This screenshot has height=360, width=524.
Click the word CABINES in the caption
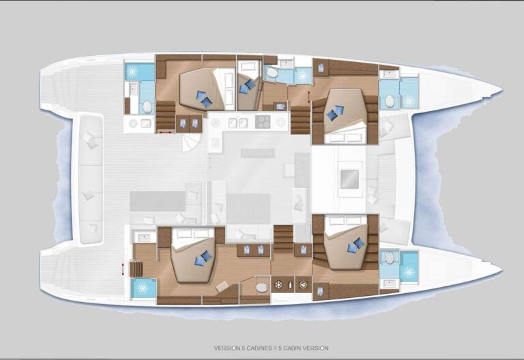click(257, 348)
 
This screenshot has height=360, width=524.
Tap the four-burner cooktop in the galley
click(263, 121)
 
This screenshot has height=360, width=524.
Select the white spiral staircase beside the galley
click(192, 142)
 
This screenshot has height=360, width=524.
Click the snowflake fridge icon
click(278, 285)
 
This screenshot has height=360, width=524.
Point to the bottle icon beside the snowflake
click(290, 285)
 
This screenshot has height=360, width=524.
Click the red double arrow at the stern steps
click(123, 269)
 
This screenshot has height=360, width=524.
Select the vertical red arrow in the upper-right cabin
click(308, 97)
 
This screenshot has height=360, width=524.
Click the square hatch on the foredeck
click(349, 179)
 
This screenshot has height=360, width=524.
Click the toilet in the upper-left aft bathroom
click(147, 107)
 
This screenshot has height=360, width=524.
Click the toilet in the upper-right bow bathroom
click(390, 101)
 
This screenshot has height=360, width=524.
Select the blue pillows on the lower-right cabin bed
click(355, 245)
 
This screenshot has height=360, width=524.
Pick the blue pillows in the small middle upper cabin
click(247, 86)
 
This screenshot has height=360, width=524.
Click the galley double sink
click(237, 123)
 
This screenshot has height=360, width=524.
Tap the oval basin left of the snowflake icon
click(261, 287)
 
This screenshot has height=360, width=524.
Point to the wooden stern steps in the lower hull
click(136, 269)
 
